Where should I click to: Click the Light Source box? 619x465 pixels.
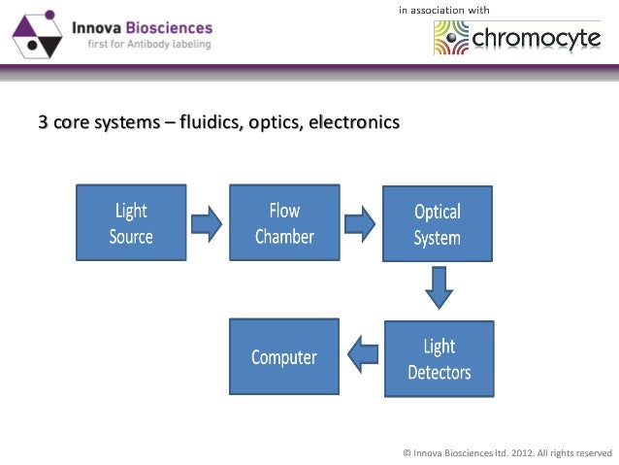click(x=131, y=223)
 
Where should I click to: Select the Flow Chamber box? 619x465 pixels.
click(x=283, y=223)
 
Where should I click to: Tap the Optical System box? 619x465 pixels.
click(x=437, y=225)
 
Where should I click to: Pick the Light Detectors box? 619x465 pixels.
click(x=439, y=358)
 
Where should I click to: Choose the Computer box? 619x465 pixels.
click(x=283, y=356)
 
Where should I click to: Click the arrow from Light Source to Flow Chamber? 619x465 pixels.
click(x=207, y=224)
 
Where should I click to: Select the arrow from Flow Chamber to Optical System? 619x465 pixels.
click(x=361, y=224)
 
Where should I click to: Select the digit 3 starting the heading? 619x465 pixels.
click(x=42, y=123)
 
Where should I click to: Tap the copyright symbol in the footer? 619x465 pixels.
click(x=407, y=451)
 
